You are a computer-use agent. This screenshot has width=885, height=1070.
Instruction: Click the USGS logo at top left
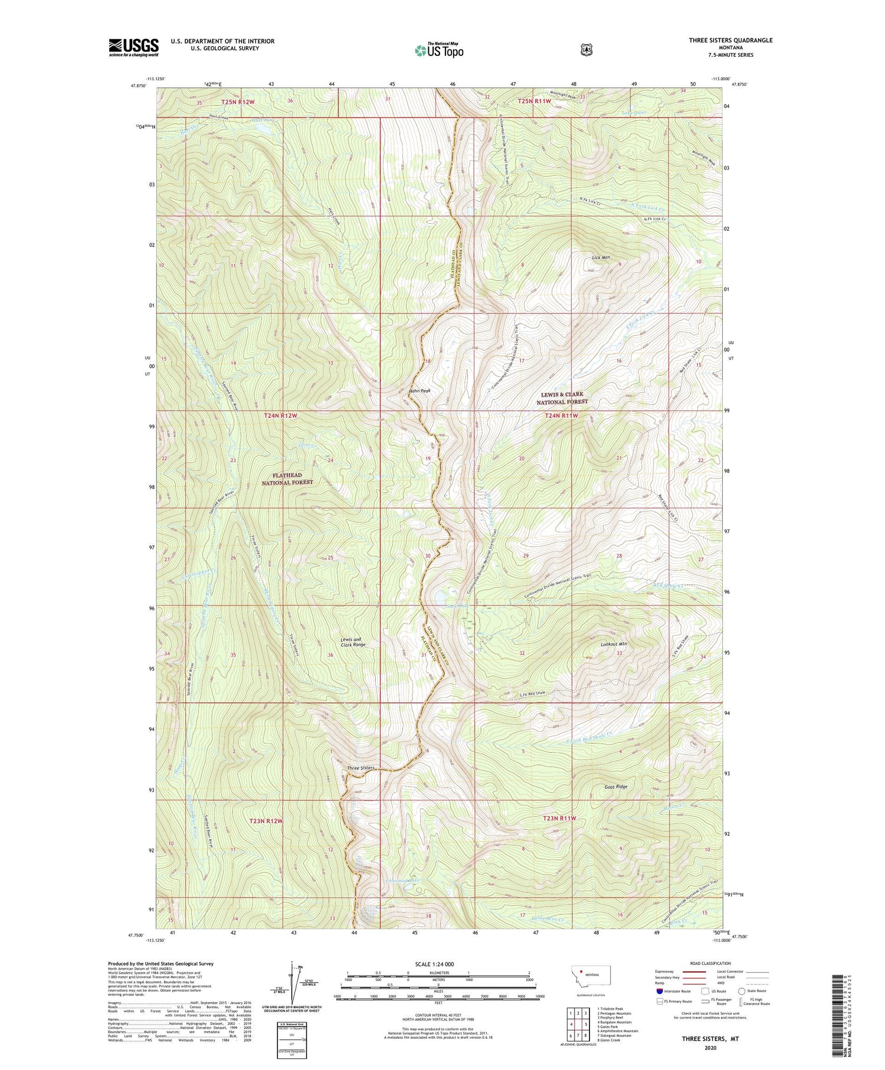point(133,47)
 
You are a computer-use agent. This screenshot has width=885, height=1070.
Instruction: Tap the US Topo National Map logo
point(439,50)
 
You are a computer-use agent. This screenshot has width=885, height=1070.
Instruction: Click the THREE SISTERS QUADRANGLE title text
point(730,40)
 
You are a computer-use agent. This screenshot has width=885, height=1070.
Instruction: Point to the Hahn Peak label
point(419,391)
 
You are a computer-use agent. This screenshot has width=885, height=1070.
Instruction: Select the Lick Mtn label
point(601,258)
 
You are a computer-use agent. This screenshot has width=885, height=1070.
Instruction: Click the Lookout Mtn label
point(614,644)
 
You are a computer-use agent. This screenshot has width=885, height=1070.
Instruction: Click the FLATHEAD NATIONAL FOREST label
point(287,479)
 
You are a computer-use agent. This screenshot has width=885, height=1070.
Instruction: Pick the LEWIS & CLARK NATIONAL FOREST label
point(562,398)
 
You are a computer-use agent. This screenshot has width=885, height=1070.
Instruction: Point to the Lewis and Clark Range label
point(353,642)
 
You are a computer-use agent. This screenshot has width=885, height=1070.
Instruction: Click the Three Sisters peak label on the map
point(360,768)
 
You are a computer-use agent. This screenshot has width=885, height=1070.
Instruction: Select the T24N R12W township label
point(280,415)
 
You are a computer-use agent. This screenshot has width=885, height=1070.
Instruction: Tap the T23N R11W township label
point(559,818)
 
